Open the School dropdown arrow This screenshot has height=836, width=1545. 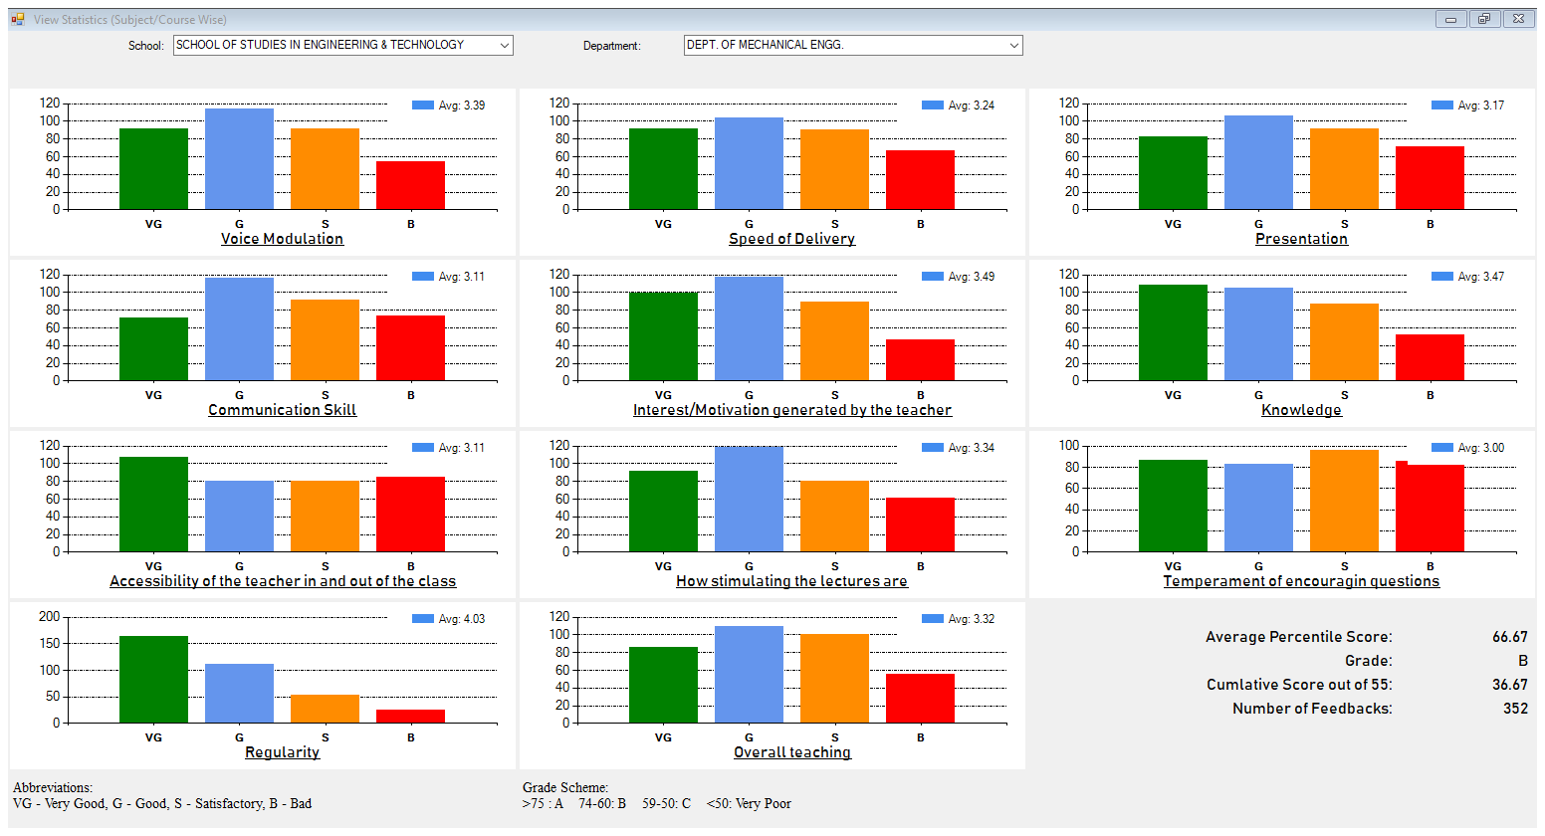tap(505, 45)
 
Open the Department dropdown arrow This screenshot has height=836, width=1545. tap(1013, 45)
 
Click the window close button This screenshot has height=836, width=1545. tap(1517, 19)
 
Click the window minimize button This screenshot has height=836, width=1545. tap(1450, 19)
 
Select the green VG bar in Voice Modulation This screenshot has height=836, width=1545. tap(153, 168)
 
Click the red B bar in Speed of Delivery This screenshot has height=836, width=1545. tap(920, 179)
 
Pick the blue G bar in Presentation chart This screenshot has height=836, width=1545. tap(1258, 162)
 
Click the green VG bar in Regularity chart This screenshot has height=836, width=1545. tap(153, 679)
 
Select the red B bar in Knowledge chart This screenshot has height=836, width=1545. tap(1430, 356)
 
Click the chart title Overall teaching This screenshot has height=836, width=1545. tap(792, 752)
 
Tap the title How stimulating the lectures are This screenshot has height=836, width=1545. tap(791, 581)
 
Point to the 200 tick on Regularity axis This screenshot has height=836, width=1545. tap(50, 617)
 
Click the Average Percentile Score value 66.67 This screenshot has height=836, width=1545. tap(1509, 637)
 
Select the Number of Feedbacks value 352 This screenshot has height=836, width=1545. tap(1515, 709)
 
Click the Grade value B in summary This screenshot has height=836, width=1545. tap(1522, 661)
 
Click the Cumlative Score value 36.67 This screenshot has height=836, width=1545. tap(1509, 685)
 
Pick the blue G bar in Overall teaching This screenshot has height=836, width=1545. tap(749, 674)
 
